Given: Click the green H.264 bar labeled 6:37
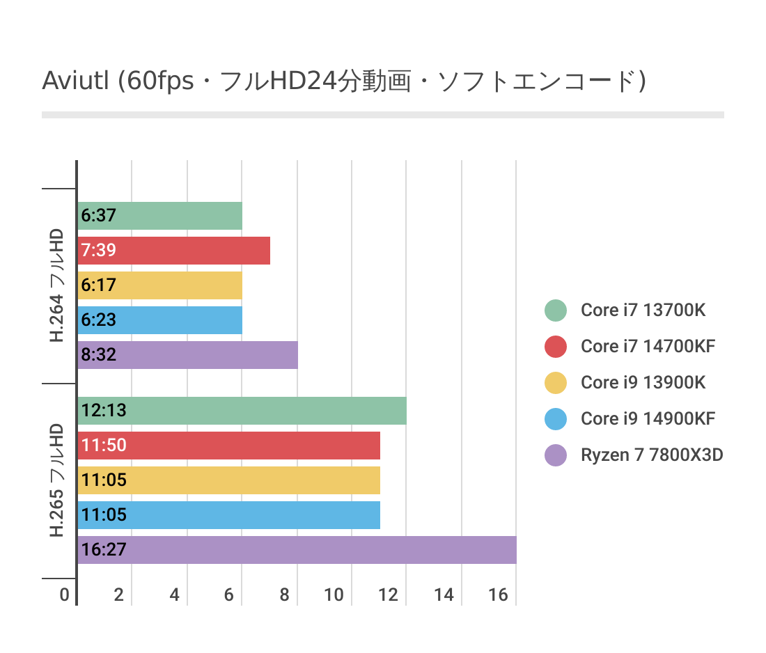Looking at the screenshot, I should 160,216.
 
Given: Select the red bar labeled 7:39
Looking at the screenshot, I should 174,251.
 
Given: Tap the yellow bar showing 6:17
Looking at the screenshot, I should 160,285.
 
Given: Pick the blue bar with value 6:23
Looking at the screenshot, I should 160,320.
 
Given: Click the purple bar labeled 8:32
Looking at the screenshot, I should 188,355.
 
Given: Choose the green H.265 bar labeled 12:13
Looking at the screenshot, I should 242,411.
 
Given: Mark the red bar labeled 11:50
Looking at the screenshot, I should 229,446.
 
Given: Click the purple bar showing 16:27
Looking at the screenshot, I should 297,550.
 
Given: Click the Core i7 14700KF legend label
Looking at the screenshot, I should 648,346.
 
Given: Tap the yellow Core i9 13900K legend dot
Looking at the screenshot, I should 555,382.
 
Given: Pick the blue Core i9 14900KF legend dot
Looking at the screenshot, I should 555,418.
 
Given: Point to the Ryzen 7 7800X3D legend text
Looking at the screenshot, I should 652,455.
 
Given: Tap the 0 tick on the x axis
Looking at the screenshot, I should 64,595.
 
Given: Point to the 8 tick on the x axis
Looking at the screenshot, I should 284,595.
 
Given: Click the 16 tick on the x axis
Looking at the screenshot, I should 498,595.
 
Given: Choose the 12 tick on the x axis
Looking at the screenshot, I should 389,595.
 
